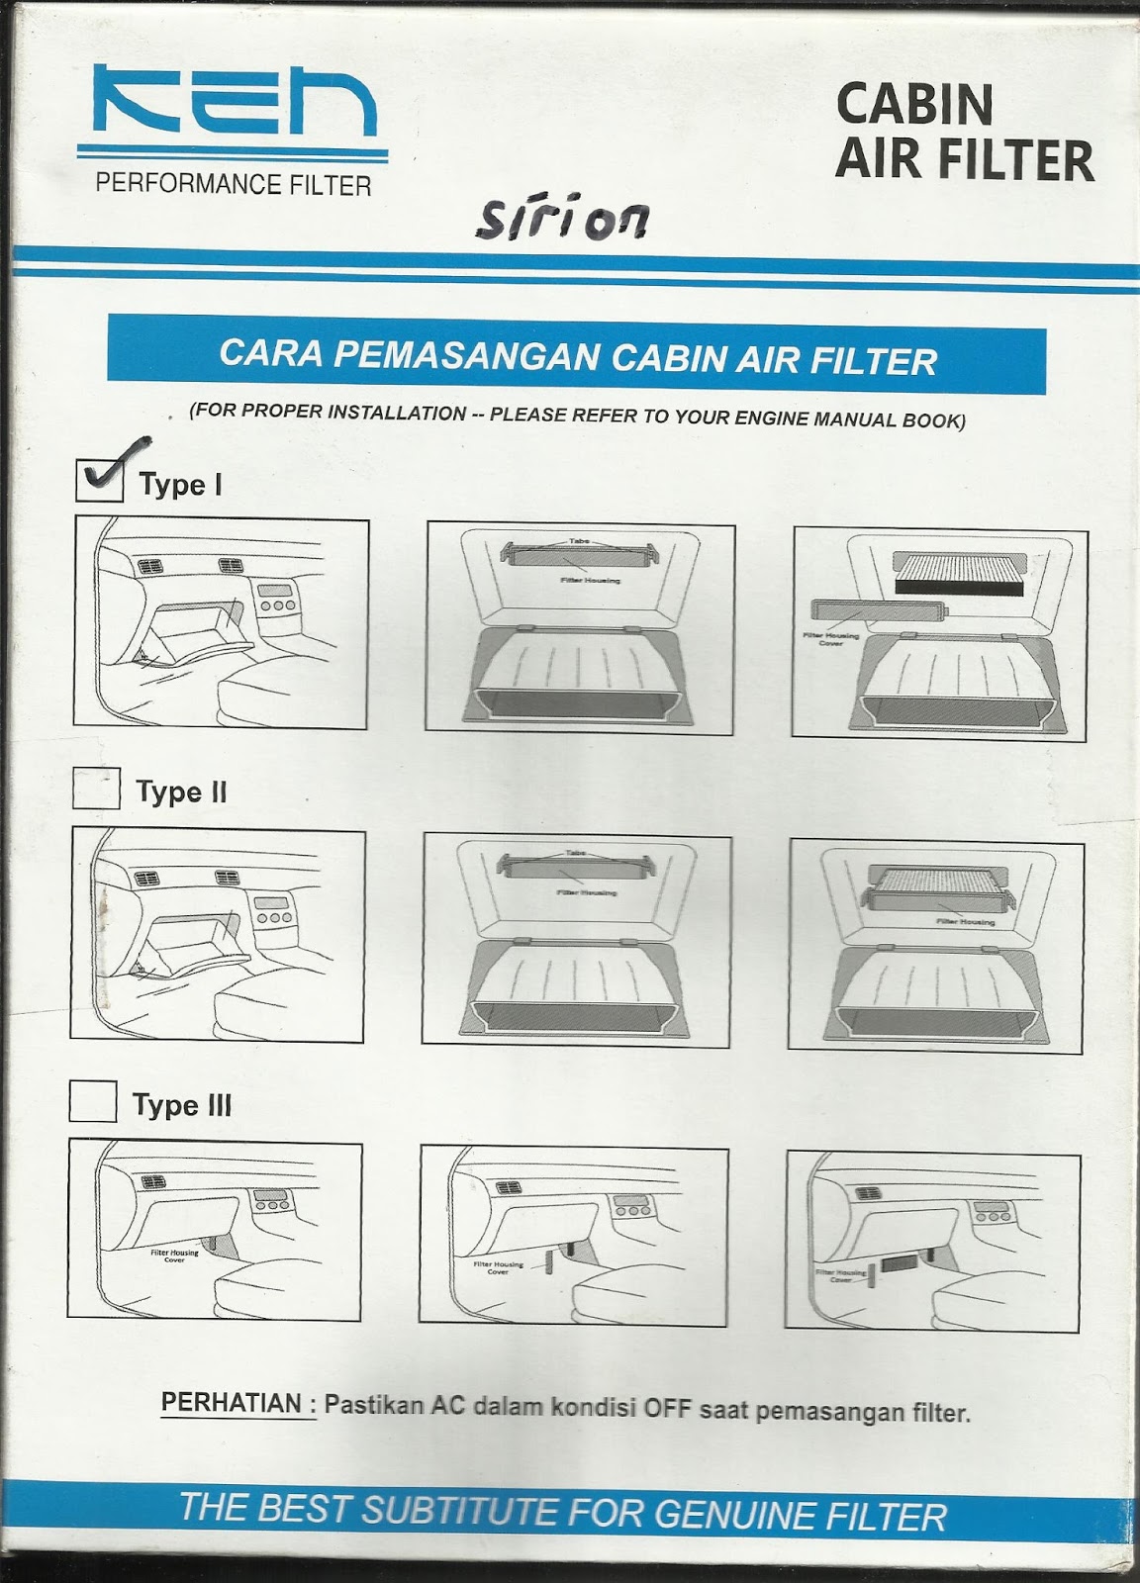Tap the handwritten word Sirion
point(563,219)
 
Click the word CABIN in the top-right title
point(913,104)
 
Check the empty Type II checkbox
point(96,790)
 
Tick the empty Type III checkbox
point(93,1101)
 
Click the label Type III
point(182,1105)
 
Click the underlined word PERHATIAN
point(232,1402)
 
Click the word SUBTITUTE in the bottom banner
point(460,1510)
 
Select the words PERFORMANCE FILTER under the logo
point(234,184)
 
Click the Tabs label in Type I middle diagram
point(579,541)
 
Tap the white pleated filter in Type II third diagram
point(934,882)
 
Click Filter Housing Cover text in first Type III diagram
point(174,1255)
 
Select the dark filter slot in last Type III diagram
point(900,1263)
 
